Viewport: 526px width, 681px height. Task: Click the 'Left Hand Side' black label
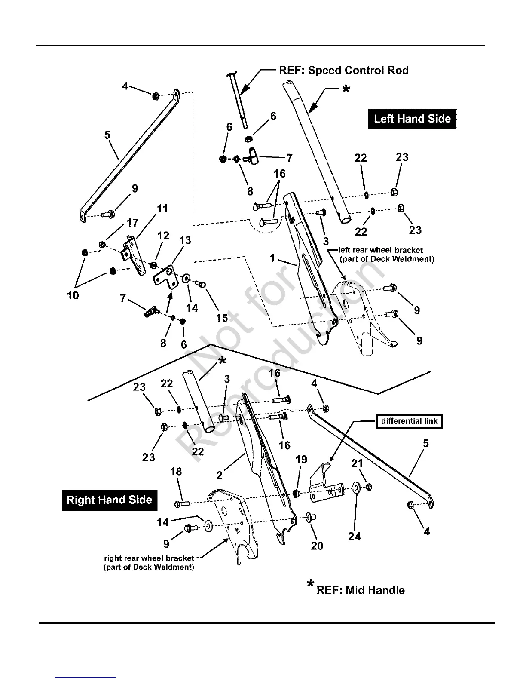pos(412,119)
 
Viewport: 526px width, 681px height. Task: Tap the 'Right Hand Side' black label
pos(109,500)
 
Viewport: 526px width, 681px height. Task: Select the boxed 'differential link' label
pos(409,421)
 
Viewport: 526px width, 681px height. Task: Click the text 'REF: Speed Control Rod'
pos(344,70)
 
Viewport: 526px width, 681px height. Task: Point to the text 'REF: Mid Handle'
pos(360,590)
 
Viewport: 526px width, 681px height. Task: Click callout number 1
pos(272,258)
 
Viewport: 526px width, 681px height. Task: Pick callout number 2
pos(220,475)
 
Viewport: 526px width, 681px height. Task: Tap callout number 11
pos(162,209)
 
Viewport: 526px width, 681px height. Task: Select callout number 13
pos(185,240)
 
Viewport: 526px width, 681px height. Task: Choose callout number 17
pos(132,223)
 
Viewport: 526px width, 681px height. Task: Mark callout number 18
pos(176,472)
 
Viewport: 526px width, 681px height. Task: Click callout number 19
pos(301,459)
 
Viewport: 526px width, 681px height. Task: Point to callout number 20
pos(317,546)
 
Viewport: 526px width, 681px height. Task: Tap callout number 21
pos(357,463)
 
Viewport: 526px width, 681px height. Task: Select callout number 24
pos(355,536)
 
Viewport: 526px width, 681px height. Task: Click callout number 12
pos(163,236)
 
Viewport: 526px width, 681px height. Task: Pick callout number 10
pos(73,295)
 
